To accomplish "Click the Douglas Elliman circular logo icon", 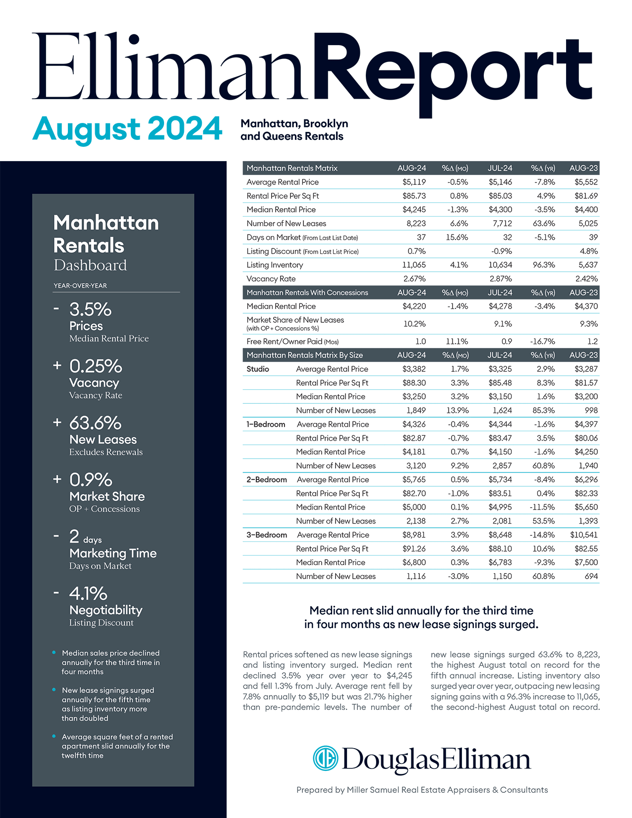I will tap(325, 759).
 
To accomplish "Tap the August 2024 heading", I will tap(127, 128).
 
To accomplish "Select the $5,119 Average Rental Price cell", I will tap(414, 182).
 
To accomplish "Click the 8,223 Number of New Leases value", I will tap(416, 224).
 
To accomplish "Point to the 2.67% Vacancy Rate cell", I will tap(414, 279).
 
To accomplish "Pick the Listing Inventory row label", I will tap(275, 265).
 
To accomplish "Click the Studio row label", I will tap(258, 369).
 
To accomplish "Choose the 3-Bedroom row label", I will tap(267, 535).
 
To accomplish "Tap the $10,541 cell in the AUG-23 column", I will tap(583, 535).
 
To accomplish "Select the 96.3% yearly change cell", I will tap(543, 265).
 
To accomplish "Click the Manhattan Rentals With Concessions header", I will tap(307, 292).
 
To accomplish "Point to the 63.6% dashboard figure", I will tap(95, 423).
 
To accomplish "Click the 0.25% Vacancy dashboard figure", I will tap(96, 366).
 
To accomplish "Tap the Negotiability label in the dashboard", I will tap(106, 610).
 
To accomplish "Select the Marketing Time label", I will tap(113, 553).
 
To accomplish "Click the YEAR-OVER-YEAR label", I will tap(80, 286).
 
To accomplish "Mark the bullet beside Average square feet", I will tap(54, 736).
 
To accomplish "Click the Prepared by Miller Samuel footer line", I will tap(422, 790).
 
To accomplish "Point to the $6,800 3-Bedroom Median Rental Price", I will tap(414, 562).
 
